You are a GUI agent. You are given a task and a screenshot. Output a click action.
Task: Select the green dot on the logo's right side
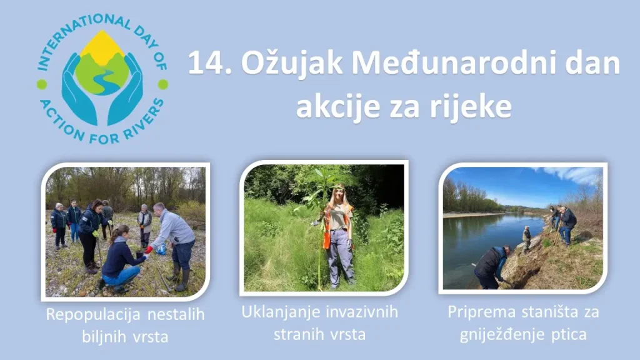(162, 84)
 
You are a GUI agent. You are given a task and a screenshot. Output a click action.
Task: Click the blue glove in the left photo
(161, 249)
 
